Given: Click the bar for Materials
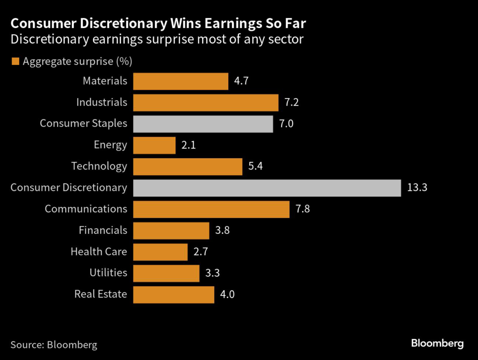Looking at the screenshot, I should (180, 81).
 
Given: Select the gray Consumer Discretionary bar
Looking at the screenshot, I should (267, 188).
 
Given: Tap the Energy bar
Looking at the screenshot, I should (154, 145).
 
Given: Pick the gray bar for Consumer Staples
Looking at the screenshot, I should (203, 124).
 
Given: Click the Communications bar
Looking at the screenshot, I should (211, 209).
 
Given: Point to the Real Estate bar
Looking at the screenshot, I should (173, 295).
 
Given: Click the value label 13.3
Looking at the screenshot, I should (417, 188).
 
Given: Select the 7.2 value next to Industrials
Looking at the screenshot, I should (291, 102).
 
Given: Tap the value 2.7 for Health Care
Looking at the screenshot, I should (200, 252).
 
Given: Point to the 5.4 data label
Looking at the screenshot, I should (255, 166).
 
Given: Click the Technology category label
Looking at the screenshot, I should (99, 166).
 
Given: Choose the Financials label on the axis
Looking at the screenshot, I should (103, 230).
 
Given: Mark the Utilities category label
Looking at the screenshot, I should (108, 273).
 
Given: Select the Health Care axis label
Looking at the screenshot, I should (98, 252).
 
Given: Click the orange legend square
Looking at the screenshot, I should (15, 61).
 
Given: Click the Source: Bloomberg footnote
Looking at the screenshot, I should (54, 345).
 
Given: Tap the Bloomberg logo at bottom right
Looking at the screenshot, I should (437, 344).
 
